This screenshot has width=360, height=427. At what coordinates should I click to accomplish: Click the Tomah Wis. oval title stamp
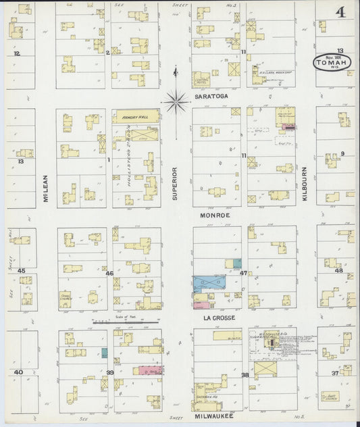coord(332,63)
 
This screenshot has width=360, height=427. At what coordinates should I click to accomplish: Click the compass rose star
coord(176,103)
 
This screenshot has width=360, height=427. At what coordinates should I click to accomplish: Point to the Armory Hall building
coord(136,116)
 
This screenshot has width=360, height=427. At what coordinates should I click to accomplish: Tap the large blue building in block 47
coord(209,283)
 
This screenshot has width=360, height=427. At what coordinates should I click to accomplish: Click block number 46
coord(109,273)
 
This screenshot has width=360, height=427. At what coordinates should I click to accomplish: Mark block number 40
coord(18,372)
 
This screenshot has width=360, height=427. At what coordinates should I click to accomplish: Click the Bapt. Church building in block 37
coord(331,397)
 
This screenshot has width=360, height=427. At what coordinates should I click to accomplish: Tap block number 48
coord(339,270)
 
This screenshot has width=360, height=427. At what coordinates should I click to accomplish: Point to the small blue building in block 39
coord(104,352)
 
